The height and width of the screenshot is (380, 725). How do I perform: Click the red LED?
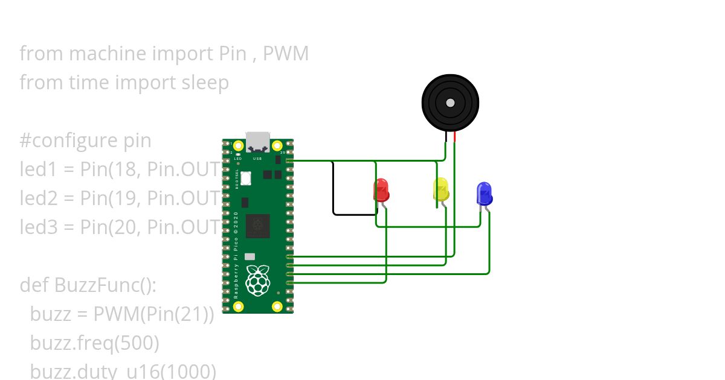(x=381, y=190)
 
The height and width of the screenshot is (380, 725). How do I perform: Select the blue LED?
(x=484, y=194)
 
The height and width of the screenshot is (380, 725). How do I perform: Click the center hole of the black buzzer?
(x=450, y=103)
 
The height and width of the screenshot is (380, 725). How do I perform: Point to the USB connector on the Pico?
(x=258, y=141)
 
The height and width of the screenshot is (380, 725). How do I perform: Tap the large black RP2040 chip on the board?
(x=258, y=226)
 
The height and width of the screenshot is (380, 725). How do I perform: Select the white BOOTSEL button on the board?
(x=246, y=178)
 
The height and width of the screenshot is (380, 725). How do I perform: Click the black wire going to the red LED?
(x=333, y=193)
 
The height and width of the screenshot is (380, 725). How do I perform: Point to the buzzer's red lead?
(x=454, y=138)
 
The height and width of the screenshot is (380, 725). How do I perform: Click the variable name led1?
(x=38, y=169)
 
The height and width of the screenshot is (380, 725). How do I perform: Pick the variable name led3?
(x=38, y=227)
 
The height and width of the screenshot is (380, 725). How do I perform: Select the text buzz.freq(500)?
(x=94, y=343)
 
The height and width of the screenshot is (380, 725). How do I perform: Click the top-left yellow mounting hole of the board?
(x=238, y=145)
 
